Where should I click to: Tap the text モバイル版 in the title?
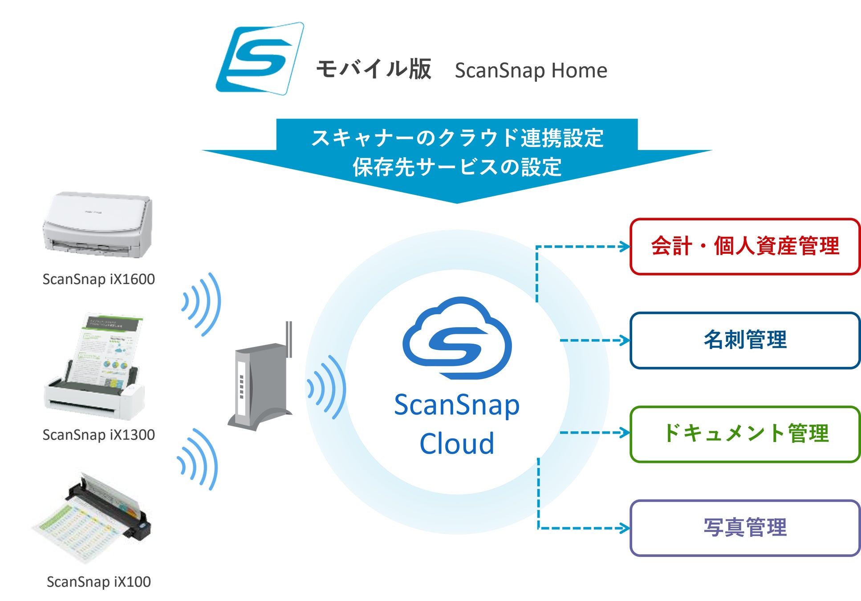(x=374, y=69)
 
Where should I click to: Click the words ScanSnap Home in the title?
(x=531, y=70)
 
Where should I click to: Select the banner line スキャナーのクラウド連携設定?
(x=457, y=138)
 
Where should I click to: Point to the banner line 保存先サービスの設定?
(x=457, y=167)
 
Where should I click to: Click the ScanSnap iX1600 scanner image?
(x=98, y=225)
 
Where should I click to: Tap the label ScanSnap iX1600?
(x=98, y=279)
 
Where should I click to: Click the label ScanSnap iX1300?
(x=98, y=435)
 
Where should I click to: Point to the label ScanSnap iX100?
(x=98, y=582)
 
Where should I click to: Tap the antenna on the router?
(x=289, y=339)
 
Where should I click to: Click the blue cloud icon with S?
(x=457, y=338)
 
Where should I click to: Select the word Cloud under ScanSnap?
(x=457, y=443)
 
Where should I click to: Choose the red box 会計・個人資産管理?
(x=745, y=247)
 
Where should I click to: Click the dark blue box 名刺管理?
(x=745, y=341)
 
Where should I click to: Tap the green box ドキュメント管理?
(x=745, y=434)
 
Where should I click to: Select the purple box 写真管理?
(x=745, y=528)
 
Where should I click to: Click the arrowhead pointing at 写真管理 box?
(x=625, y=528)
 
